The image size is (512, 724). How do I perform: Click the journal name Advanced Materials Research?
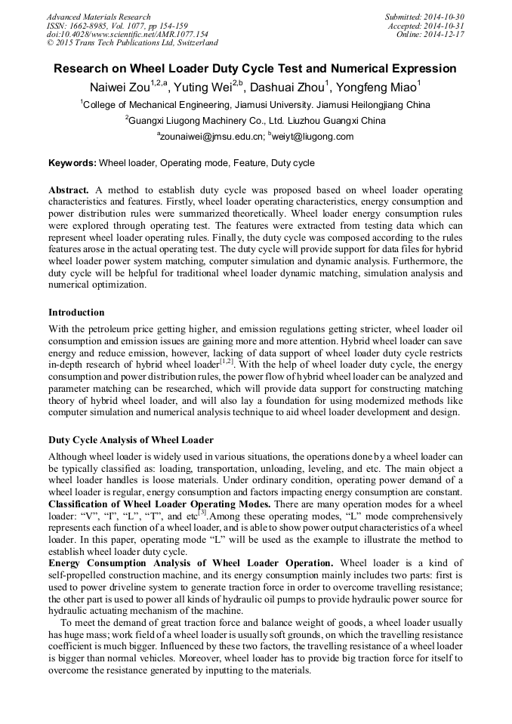[x=98, y=17]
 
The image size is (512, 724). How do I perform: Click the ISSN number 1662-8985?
[x=88, y=26]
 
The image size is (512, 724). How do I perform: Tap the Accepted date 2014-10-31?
[x=446, y=26]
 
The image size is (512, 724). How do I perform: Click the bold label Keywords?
[x=72, y=163]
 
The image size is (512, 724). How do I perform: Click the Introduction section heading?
[x=76, y=313]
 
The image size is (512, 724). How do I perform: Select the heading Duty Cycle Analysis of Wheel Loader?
[x=131, y=440]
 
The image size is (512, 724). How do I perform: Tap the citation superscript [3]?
[x=202, y=513]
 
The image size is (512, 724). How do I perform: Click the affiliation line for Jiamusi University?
[x=255, y=105]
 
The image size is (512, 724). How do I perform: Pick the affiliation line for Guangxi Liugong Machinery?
[x=255, y=121]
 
